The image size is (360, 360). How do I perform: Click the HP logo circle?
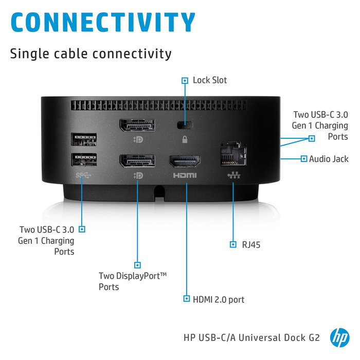click(x=339, y=337)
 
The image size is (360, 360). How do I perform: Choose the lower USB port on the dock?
click(x=84, y=160)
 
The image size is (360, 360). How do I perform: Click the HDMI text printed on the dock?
click(x=185, y=176)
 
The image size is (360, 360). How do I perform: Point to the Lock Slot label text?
click(x=209, y=80)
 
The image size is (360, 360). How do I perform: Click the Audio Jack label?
click(x=328, y=159)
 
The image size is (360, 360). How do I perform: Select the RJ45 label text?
click(x=251, y=244)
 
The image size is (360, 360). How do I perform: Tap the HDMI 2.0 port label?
click(x=219, y=299)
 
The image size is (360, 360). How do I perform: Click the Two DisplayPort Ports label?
click(x=133, y=281)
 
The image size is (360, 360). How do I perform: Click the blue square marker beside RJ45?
click(x=233, y=244)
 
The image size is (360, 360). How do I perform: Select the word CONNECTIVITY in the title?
click(x=102, y=22)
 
